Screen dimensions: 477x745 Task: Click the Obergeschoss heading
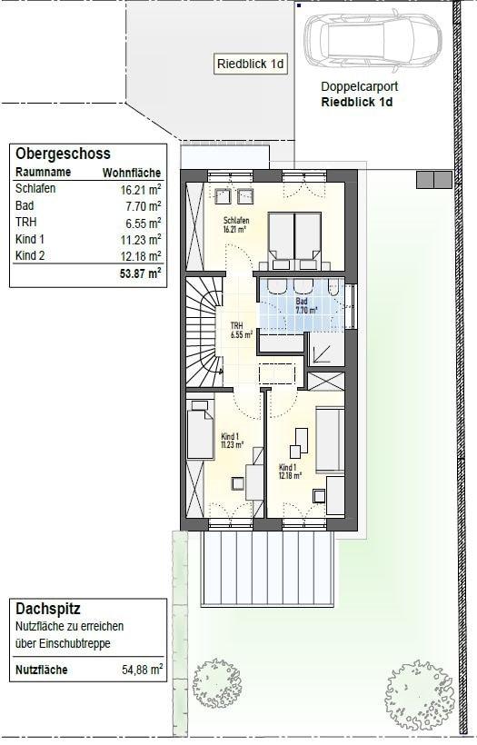63,154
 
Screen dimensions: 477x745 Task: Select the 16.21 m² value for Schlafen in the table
141,190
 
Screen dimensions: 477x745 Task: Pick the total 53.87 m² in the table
141,273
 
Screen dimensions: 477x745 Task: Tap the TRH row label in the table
25,223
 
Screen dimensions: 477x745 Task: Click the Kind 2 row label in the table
30,255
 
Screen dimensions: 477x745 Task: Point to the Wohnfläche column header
132,173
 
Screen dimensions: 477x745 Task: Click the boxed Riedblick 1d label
251,64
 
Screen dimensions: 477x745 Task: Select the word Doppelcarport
359,86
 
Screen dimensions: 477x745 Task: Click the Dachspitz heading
48,609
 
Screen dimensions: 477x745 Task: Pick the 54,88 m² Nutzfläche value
142,670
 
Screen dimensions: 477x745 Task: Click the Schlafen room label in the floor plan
236,224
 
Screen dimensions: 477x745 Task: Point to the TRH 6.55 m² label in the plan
241,330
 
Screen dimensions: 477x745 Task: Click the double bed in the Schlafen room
294,242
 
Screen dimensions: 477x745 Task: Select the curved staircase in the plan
204,333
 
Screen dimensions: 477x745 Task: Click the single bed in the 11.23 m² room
200,430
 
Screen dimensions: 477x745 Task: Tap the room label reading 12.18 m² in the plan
290,471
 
